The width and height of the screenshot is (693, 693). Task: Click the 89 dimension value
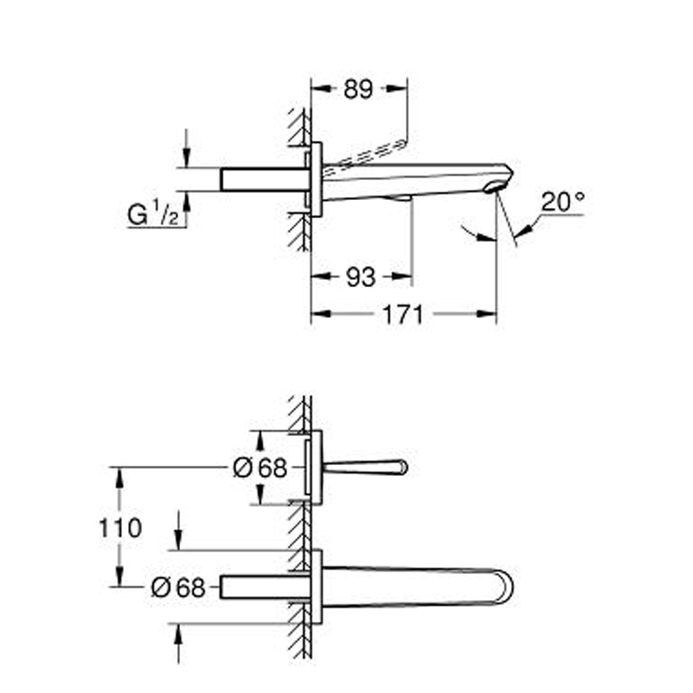click(x=358, y=89)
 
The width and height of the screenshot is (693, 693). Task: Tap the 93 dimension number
click(x=361, y=277)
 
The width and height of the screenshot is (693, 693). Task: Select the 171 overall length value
click(x=402, y=314)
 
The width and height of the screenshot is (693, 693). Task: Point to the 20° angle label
click(x=563, y=201)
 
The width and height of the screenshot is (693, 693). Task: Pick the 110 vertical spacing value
click(x=120, y=528)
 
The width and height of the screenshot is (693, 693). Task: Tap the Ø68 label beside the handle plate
click(x=260, y=468)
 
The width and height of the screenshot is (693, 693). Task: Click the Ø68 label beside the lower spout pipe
click(x=178, y=588)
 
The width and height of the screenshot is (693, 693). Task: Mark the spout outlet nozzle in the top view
click(x=494, y=187)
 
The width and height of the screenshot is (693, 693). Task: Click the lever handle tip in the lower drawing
click(x=403, y=467)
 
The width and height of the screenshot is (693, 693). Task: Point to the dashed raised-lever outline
click(x=364, y=157)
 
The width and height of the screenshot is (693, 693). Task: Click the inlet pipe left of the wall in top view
click(x=265, y=179)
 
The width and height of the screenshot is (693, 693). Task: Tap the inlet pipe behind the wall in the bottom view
click(x=265, y=587)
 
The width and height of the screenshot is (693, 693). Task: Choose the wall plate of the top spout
click(x=316, y=179)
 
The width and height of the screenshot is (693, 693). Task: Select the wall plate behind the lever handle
click(x=316, y=467)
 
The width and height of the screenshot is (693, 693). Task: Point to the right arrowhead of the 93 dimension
click(x=403, y=276)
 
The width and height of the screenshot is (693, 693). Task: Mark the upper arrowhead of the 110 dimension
click(x=119, y=477)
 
